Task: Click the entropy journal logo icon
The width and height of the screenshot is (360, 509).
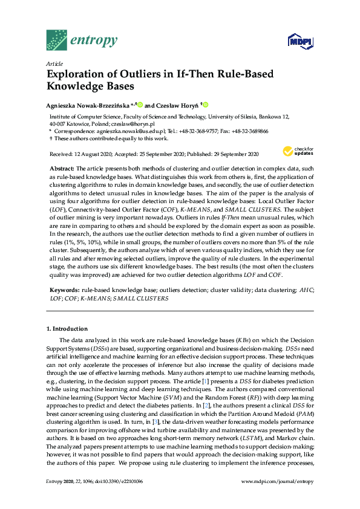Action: click(x=56, y=40)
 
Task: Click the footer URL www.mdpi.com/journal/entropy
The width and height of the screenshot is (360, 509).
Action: click(x=277, y=498)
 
